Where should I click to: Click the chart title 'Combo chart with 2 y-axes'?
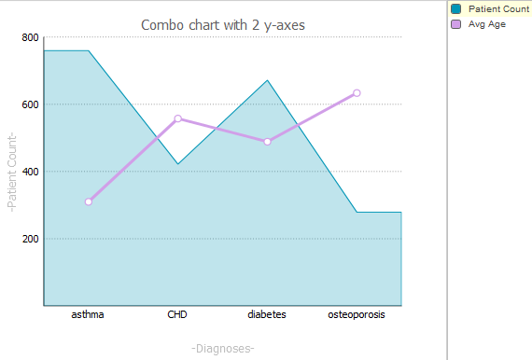[222, 24]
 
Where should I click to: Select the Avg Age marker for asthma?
[89, 201]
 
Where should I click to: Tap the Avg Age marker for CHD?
[178, 118]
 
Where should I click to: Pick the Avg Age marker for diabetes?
[267, 142]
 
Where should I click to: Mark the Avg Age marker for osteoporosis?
[357, 93]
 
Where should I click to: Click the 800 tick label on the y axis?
[30, 38]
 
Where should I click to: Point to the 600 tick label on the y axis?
[30, 104]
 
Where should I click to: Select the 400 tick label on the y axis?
[30, 172]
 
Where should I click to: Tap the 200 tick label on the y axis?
[30, 239]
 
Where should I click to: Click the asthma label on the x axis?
[88, 315]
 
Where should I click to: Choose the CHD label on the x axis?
[177, 315]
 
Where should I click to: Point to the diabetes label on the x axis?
[267, 315]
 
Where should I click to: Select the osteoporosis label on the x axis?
[357, 315]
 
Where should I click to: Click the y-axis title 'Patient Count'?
[12, 172]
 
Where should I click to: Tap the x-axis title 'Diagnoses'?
[222, 348]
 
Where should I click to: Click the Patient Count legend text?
[498, 8]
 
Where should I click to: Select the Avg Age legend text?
[487, 24]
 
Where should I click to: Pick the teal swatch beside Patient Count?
[455, 8]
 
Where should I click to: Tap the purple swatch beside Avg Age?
[455, 24]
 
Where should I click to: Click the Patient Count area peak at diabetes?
[267, 81]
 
